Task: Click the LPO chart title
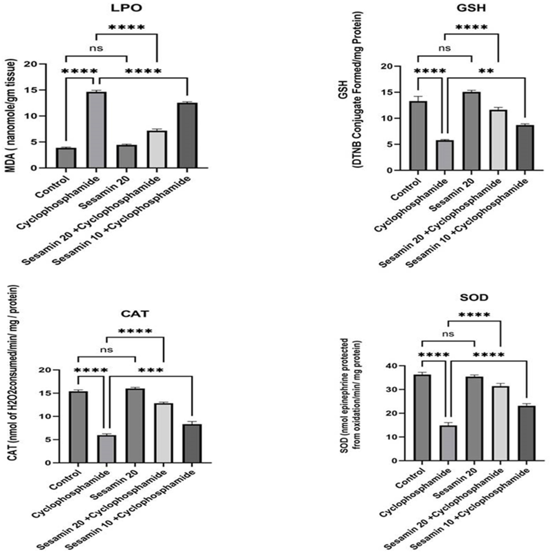coord(126,8)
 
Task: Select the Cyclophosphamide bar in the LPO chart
coord(96,130)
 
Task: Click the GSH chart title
coord(471,8)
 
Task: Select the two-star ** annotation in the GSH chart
coord(486,71)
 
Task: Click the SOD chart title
coord(474,297)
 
